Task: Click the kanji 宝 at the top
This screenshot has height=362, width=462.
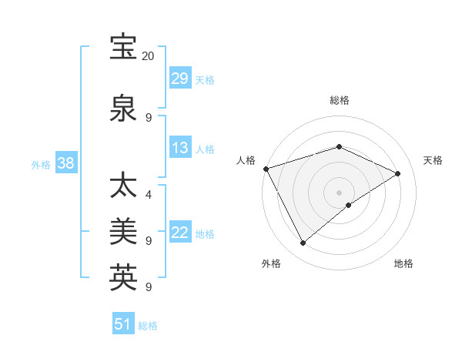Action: (124, 47)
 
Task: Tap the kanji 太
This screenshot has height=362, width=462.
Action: (124, 186)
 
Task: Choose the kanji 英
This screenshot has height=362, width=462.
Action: (124, 277)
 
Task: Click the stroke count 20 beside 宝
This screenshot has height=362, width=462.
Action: (149, 56)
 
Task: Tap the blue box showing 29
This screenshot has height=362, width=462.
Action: (179, 79)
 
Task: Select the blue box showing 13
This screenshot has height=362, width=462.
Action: (179, 149)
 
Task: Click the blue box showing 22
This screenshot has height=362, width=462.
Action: (179, 233)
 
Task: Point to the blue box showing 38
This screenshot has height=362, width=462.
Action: (66, 163)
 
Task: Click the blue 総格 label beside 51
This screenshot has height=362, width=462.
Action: (148, 326)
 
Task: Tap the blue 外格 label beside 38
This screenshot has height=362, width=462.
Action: (41, 164)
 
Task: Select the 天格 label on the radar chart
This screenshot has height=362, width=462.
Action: (433, 160)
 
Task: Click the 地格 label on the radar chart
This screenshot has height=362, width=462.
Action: (403, 264)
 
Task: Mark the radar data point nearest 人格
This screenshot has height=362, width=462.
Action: (266, 169)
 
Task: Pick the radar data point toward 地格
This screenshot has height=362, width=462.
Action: (349, 205)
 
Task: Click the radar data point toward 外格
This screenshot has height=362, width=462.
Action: (303, 243)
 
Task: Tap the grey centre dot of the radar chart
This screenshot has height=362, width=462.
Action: (339, 192)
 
